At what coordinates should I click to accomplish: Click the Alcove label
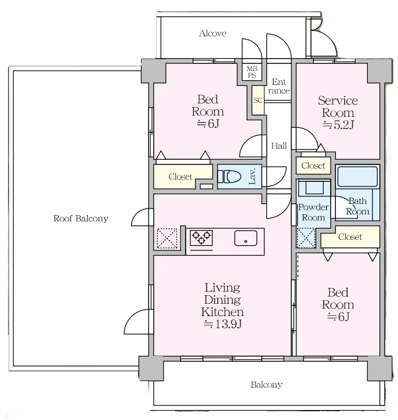click(213, 33)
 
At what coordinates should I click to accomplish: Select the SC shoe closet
click(258, 100)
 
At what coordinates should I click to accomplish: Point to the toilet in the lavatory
click(229, 177)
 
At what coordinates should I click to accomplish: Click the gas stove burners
click(201, 238)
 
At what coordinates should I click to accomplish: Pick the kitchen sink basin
click(245, 238)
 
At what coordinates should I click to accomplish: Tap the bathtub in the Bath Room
click(357, 177)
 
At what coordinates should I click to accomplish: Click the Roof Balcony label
click(81, 218)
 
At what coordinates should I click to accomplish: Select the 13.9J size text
click(223, 324)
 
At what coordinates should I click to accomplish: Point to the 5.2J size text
click(339, 124)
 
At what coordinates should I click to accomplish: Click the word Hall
click(278, 146)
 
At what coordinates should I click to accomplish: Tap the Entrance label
click(278, 86)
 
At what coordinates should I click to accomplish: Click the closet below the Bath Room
click(350, 237)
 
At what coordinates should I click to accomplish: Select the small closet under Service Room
click(313, 166)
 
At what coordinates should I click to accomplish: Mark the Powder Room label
click(313, 212)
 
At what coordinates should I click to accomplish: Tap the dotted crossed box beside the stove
click(167, 238)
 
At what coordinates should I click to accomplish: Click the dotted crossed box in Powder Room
click(306, 238)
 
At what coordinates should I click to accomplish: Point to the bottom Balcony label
click(266, 385)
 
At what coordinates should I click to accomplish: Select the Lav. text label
click(252, 176)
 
